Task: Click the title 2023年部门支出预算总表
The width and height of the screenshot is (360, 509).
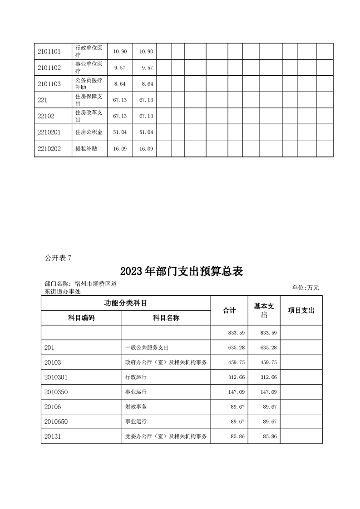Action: click(x=182, y=272)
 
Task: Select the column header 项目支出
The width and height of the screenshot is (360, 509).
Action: click(x=301, y=310)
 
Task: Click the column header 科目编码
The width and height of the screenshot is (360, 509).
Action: click(x=81, y=318)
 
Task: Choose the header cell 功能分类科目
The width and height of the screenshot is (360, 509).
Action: click(x=126, y=303)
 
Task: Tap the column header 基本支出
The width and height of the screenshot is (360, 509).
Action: click(x=264, y=310)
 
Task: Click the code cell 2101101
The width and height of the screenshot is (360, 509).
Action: click(x=49, y=51)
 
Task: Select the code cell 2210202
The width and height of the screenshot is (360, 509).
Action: click(x=49, y=148)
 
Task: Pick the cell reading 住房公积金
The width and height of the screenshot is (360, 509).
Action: click(x=89, y=132)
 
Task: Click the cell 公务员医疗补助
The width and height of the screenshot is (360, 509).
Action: click(x=89, y=84)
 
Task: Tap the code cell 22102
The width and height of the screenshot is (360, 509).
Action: click(x=46, y=116)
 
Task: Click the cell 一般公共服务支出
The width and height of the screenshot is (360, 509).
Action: click(x=147, y=347)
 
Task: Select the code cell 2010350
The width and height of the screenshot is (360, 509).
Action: click(x=56, y=392)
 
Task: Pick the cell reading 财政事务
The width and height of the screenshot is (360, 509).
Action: click(x=136, y=407)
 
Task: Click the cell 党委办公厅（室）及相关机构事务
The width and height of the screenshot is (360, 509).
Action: click(x=166, y=436)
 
